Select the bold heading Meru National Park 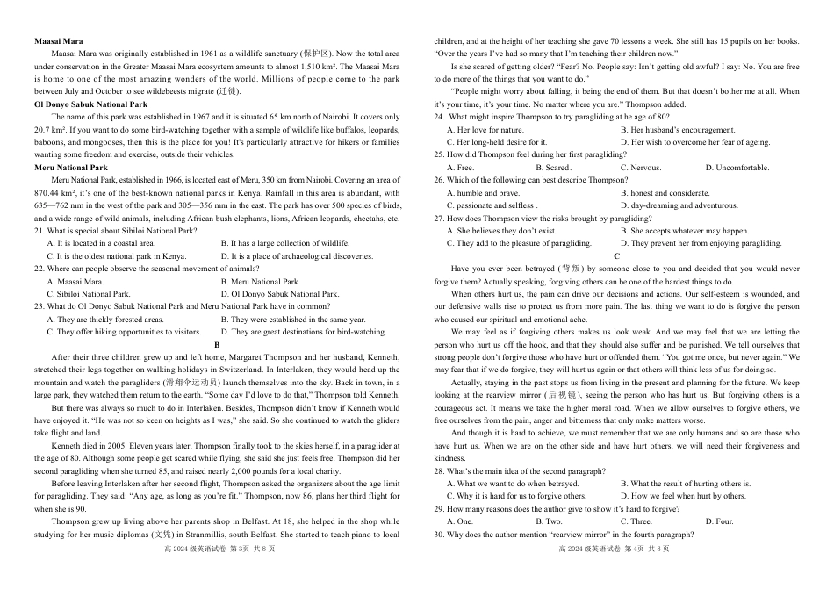click(x=70, y=167)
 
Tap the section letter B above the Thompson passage click(x=216, y=344)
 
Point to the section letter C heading click(x=616, y=255)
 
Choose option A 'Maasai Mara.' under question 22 click(x=75, y=282)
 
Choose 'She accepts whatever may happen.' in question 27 click(x=683, y=231)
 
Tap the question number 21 click(x=40, y=231)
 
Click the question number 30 click(x=439, y=534)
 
